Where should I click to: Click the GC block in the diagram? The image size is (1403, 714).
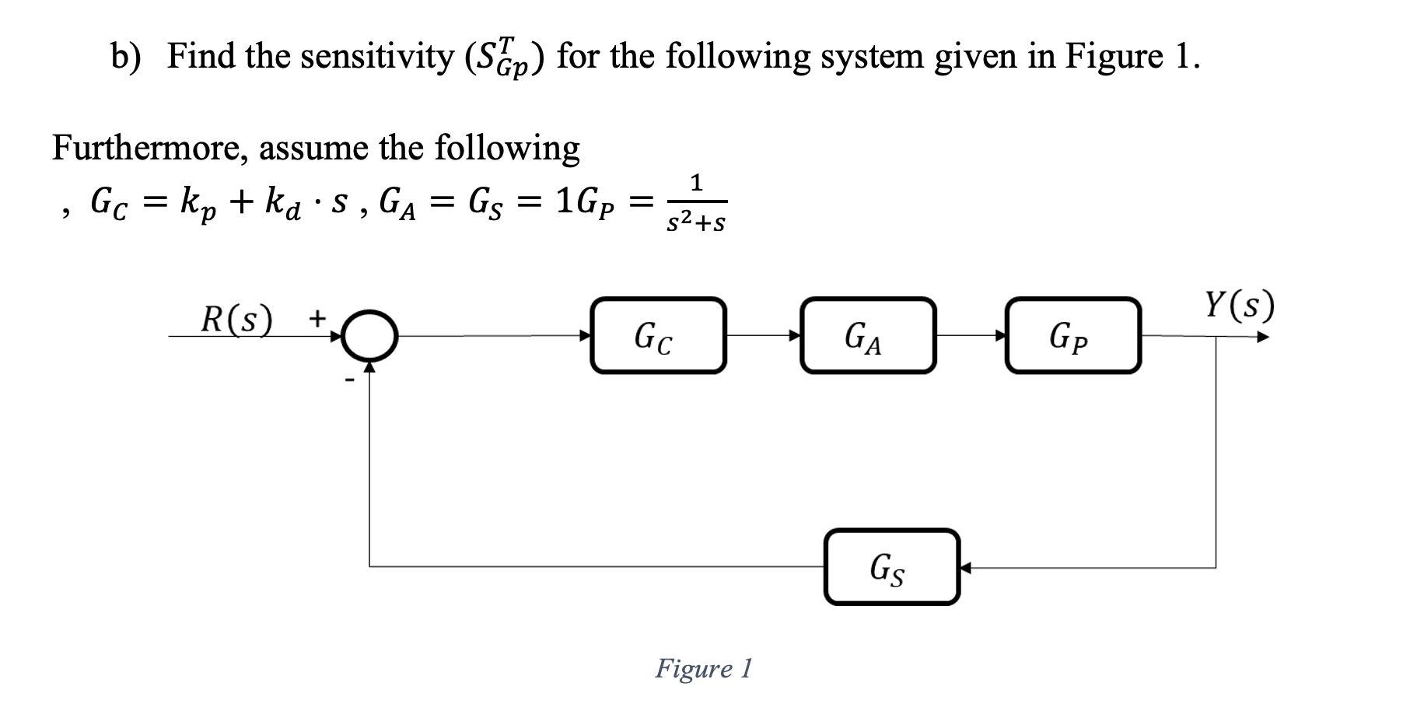658,335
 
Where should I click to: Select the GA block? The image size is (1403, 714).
867,335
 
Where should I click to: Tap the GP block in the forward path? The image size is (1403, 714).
1072,335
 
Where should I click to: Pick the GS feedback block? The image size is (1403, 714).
891,566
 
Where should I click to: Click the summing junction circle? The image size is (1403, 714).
371,335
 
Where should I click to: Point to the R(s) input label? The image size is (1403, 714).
236,319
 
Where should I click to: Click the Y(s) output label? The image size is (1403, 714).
1240,306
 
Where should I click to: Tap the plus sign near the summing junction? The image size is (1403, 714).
317,317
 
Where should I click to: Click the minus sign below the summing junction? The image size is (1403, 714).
349,380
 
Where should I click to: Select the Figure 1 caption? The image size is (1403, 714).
703,668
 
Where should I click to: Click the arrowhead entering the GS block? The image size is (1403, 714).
966,568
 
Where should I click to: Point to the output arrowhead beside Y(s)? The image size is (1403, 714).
1263,338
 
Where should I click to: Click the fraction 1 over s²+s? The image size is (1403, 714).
696,205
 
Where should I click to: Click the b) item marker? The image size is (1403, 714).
124,57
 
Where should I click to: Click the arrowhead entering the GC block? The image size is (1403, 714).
585,336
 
